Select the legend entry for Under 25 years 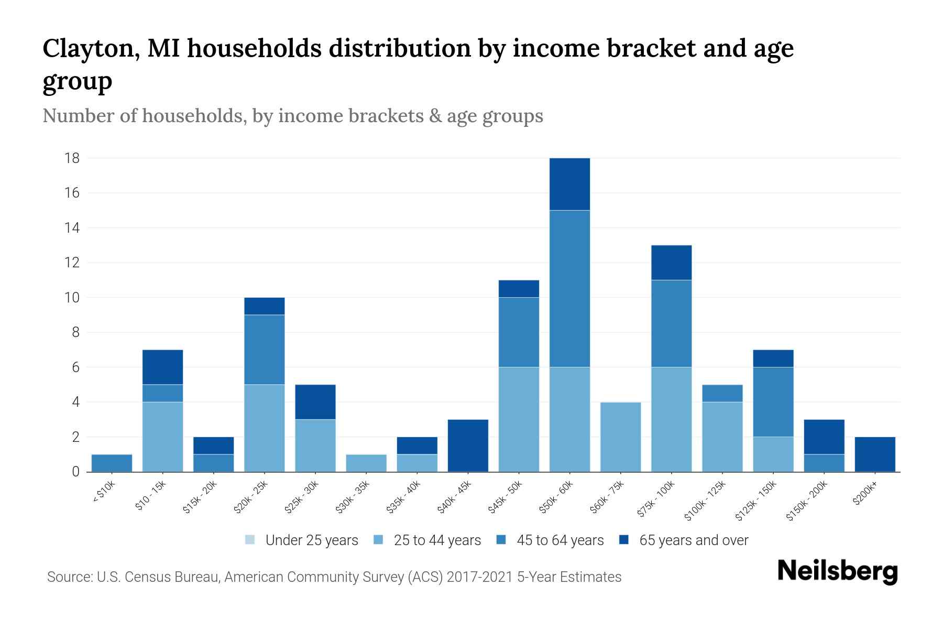pos(302,540)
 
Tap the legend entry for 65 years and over pos(684,540)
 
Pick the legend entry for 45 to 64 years pos(550,540)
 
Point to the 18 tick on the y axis pos(72,158)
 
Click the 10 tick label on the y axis pos(72,298)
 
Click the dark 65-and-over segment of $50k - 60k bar pos(569,184)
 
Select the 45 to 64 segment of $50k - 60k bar pos(569,288)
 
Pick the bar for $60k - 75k pos(620,437)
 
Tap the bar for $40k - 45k pos(468,446)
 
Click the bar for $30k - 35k pos(366,463)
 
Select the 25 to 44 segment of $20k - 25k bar pos(265,428)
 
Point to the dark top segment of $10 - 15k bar pos(162,367)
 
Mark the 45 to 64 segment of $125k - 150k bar pos(773,402)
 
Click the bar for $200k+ pos(875,454)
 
